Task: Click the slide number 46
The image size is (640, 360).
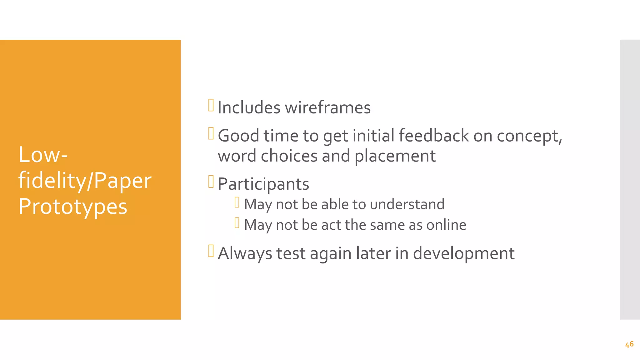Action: coord(629,344)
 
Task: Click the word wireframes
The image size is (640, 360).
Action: coord(327,108)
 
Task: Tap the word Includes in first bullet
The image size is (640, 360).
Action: coord(249,108)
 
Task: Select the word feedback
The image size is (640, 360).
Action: coord(433,136)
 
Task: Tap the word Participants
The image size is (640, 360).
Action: coord(263,184)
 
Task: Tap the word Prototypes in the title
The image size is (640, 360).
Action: coord(73,207)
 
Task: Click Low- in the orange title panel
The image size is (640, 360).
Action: coord(43,155)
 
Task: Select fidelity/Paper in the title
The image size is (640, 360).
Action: coord(85,181)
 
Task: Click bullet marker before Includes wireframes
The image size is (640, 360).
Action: coord(211,105)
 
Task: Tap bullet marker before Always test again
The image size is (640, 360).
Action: coord(211,251)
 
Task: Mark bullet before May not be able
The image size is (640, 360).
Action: coord(237,202)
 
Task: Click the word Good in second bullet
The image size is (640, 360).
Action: coord(238,136)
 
